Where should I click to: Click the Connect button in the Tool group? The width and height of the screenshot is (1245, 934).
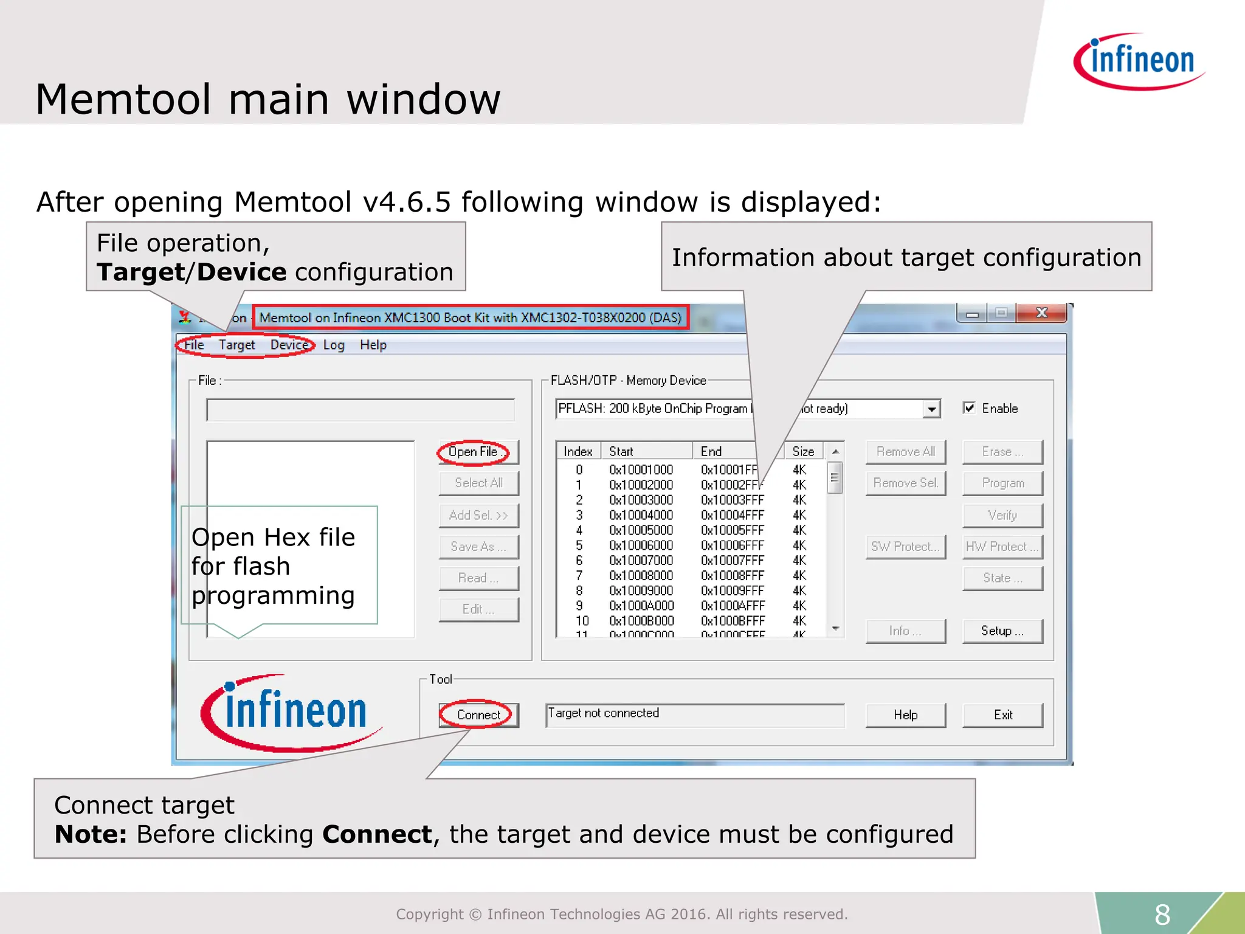478,715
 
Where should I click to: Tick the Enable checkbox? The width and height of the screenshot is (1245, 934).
970,408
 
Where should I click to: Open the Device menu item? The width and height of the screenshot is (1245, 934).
289,345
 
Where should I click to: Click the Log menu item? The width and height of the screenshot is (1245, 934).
334,345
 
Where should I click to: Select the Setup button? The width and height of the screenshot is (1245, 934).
1002,631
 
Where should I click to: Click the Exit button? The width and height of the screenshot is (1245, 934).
1002,715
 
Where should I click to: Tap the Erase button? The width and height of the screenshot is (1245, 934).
1002,452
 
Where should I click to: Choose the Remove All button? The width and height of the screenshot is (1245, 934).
905,452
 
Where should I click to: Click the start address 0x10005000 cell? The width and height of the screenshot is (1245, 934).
641,530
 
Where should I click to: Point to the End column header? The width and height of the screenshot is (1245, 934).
711,451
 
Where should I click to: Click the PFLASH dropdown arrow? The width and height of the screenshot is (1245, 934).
931,409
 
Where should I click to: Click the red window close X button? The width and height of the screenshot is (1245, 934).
1041,313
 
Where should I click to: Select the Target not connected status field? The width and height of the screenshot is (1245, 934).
694,714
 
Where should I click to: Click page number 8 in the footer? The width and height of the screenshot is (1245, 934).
1162,914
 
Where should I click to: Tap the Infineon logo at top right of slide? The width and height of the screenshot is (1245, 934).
1139,61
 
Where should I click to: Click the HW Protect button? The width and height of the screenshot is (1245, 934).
1002,547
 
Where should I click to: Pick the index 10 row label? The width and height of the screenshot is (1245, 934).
582,621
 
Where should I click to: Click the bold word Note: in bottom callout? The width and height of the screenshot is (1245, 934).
91,834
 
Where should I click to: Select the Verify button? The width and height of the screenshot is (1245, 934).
1002,515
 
